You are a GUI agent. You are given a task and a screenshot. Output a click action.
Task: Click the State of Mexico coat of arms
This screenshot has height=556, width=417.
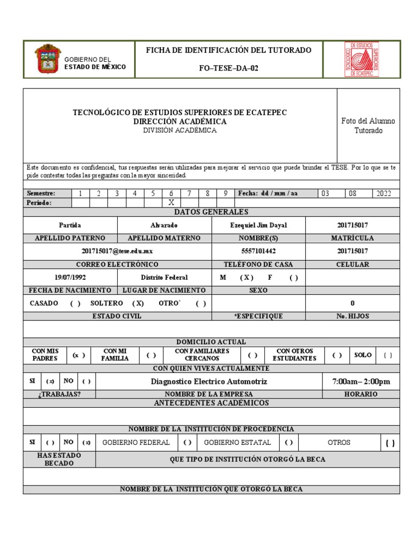point(48,59)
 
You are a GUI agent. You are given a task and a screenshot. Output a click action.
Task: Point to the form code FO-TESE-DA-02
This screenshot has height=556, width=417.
point(229,67)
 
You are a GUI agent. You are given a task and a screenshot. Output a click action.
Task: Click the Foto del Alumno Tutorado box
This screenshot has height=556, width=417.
point(368,126)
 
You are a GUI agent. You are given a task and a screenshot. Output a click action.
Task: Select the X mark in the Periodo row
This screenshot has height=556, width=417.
point(171,202)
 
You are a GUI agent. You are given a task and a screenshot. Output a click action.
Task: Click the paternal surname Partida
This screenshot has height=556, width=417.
point(70,225)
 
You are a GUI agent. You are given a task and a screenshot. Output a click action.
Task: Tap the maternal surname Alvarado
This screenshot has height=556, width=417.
point(163,225)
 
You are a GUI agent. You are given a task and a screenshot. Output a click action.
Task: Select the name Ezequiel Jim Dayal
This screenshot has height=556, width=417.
point(258,225)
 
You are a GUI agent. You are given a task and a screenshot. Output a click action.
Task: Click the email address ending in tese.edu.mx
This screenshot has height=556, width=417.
point(117,251)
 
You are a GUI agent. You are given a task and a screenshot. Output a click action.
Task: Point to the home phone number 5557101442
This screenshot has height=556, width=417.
point(258,251)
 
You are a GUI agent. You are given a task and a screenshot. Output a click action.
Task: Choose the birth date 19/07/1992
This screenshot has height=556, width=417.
point(70,277)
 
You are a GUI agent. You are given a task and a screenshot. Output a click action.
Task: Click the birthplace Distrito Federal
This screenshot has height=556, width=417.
point(164,277)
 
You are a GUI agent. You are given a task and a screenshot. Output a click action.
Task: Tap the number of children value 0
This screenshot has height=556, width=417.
point(352,304)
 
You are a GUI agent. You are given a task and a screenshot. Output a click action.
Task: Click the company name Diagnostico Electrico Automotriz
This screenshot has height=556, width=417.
point(209,382)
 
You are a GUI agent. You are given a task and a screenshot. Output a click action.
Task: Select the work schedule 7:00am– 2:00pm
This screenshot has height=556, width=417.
point(361,382)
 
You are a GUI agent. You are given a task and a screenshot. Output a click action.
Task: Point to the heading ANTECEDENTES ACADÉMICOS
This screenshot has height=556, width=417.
point(211,403)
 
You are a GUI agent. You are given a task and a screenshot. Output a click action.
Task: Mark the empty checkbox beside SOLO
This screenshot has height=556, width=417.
point(388,356)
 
